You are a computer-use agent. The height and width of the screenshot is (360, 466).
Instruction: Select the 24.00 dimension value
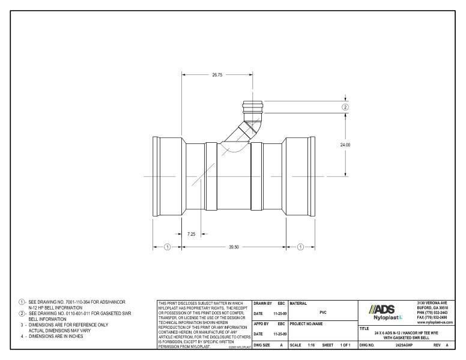click(345, 145)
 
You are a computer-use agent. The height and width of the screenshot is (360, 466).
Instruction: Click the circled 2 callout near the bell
click(345, 107)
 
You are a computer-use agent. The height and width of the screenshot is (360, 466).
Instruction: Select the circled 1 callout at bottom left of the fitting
click(168, 247)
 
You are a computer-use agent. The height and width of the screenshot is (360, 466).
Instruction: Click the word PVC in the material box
click(322, 312)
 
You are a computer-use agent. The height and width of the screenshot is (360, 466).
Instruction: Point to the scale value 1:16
click(310, 346)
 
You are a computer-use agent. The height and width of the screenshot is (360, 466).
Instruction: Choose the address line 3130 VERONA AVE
click(435, 302)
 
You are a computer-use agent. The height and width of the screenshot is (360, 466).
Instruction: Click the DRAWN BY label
click(262, 303)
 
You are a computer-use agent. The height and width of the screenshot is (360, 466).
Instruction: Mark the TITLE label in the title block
click(364, 328)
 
